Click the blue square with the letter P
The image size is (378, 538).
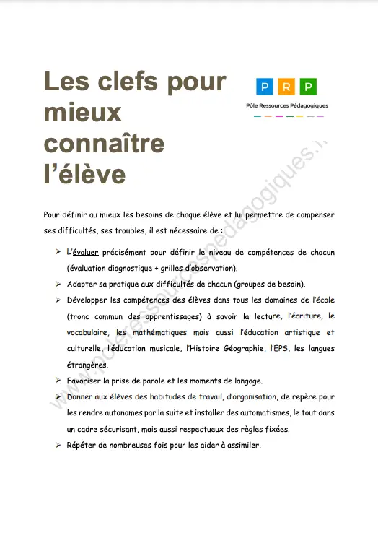click(x=266, y=88)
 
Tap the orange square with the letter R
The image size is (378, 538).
click(x=287, y=88)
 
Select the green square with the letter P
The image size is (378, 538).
click(x=308, y=88)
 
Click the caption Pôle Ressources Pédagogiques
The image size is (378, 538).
click(x=287, y=105)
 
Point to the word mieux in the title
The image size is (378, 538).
click(x=82, y=113)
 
